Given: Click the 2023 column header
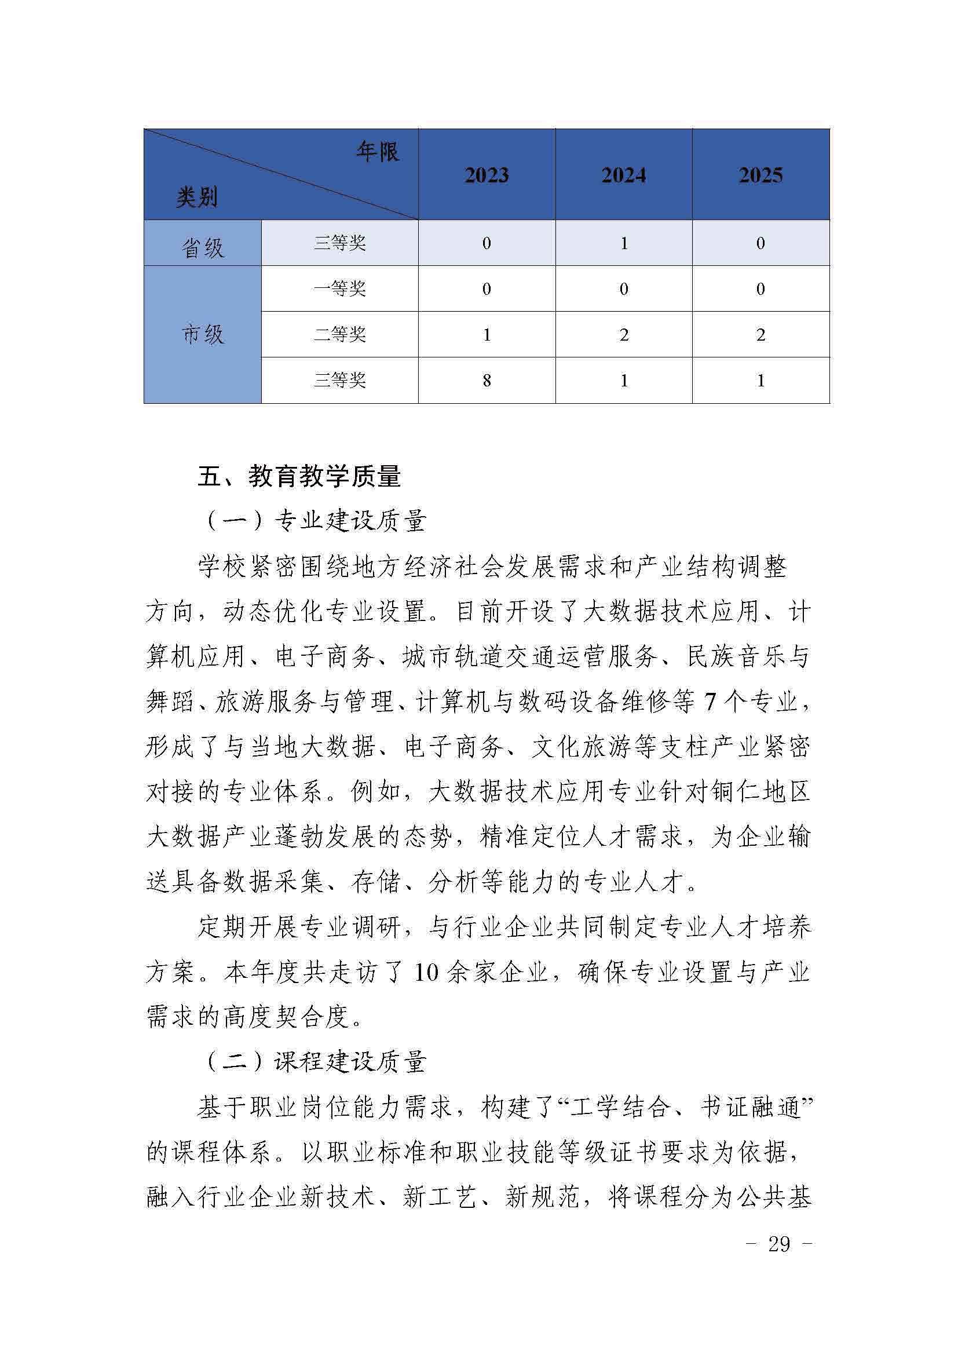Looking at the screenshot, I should tap(486, 176).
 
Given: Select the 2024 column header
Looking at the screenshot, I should tap(623, 176).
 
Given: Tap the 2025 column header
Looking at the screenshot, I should tap(760, 176).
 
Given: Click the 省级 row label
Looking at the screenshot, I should tap(202, 247).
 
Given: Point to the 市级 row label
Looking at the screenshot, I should tap(202, 335).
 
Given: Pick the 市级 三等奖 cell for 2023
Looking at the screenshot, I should tap(486, 381).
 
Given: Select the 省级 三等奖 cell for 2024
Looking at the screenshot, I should tap(623, 243).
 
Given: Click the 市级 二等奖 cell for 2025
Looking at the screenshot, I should tap(760, 335).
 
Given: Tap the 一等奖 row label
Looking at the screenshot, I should tap(340, 288).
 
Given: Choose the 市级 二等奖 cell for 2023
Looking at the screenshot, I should tap(486, 335).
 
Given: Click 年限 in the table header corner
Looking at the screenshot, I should tap(378, 152).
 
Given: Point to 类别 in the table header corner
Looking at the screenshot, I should tap(196, 196).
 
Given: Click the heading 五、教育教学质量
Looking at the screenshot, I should tap(299, 476).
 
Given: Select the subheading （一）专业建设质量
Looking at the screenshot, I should tap(315, 521).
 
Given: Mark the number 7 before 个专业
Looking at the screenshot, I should tap(710, 702).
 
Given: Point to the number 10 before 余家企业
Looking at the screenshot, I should tap(426, 972).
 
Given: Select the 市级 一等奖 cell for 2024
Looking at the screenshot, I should tap(623, 288).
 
